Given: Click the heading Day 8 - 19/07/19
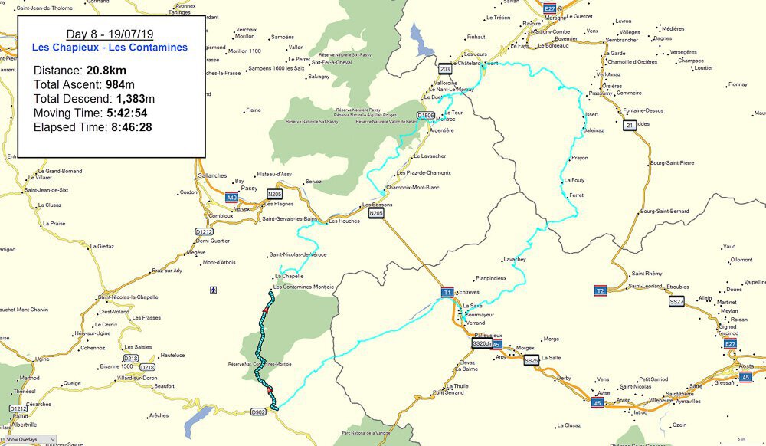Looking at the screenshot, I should (110, 34).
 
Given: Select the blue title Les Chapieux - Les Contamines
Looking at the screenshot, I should (110, 48).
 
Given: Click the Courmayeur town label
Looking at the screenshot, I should (480, 314).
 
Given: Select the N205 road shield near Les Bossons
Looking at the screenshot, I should (375, 214).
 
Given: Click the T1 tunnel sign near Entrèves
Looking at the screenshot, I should (447, 293).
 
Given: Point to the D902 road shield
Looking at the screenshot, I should (259, 412).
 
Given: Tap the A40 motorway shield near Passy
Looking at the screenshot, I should (232, 198).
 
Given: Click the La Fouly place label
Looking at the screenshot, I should (574, 180).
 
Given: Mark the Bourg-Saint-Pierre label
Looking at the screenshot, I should (673, 163).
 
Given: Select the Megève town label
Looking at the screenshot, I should (196, 252).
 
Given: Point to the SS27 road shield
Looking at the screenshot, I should (676, 302).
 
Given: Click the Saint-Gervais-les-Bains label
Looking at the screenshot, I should (290, 219).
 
